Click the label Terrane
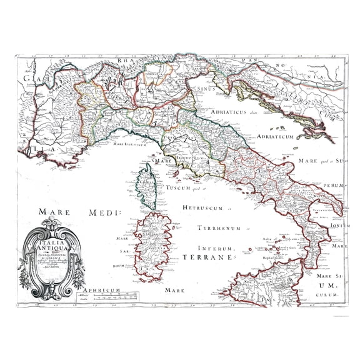pos(212,257)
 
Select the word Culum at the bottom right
pos(330,293)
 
